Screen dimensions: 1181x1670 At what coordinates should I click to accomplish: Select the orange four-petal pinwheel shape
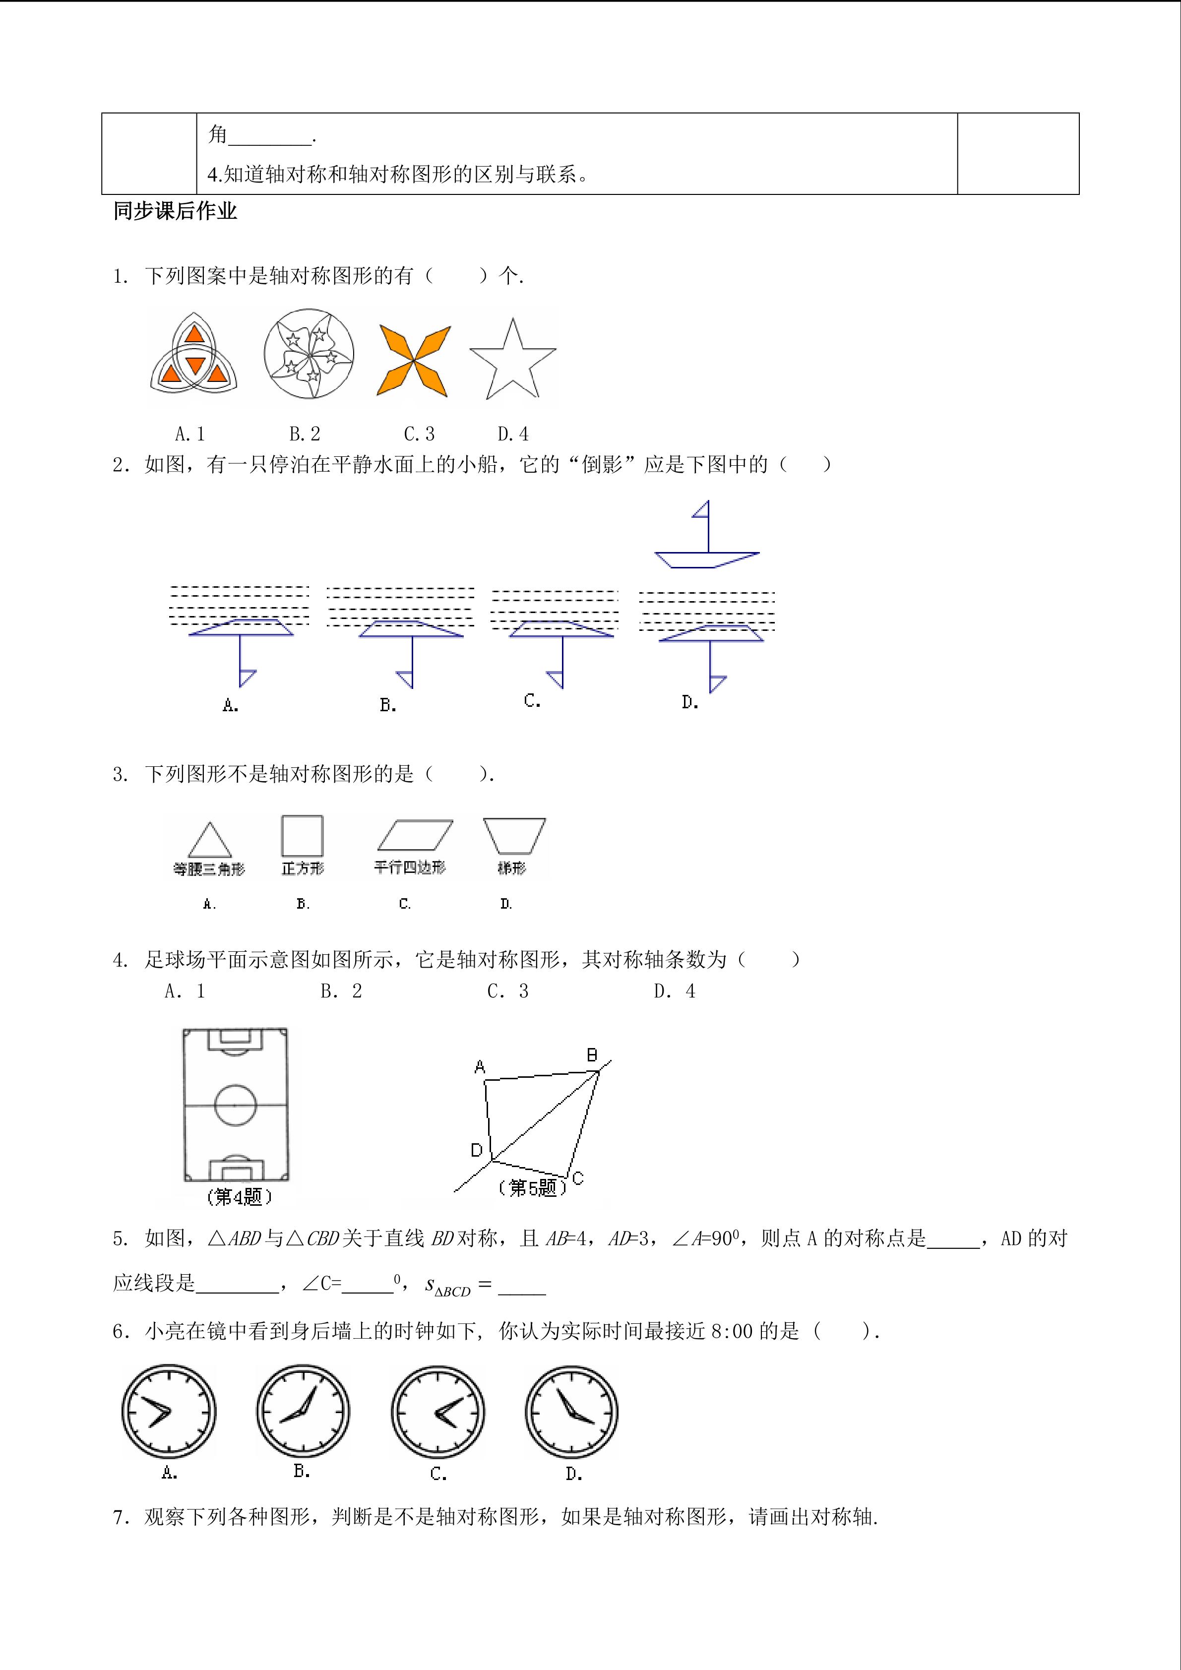[414, 360]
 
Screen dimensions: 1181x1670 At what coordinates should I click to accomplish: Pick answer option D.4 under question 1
[513, 434]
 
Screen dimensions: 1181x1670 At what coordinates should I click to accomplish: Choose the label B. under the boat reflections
[387, 705]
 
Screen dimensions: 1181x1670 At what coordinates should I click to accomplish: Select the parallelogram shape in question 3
[415, 835]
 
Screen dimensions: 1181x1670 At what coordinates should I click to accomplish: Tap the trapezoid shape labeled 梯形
[514, 835]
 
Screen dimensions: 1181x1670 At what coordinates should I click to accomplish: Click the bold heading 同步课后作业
[175, 211]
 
